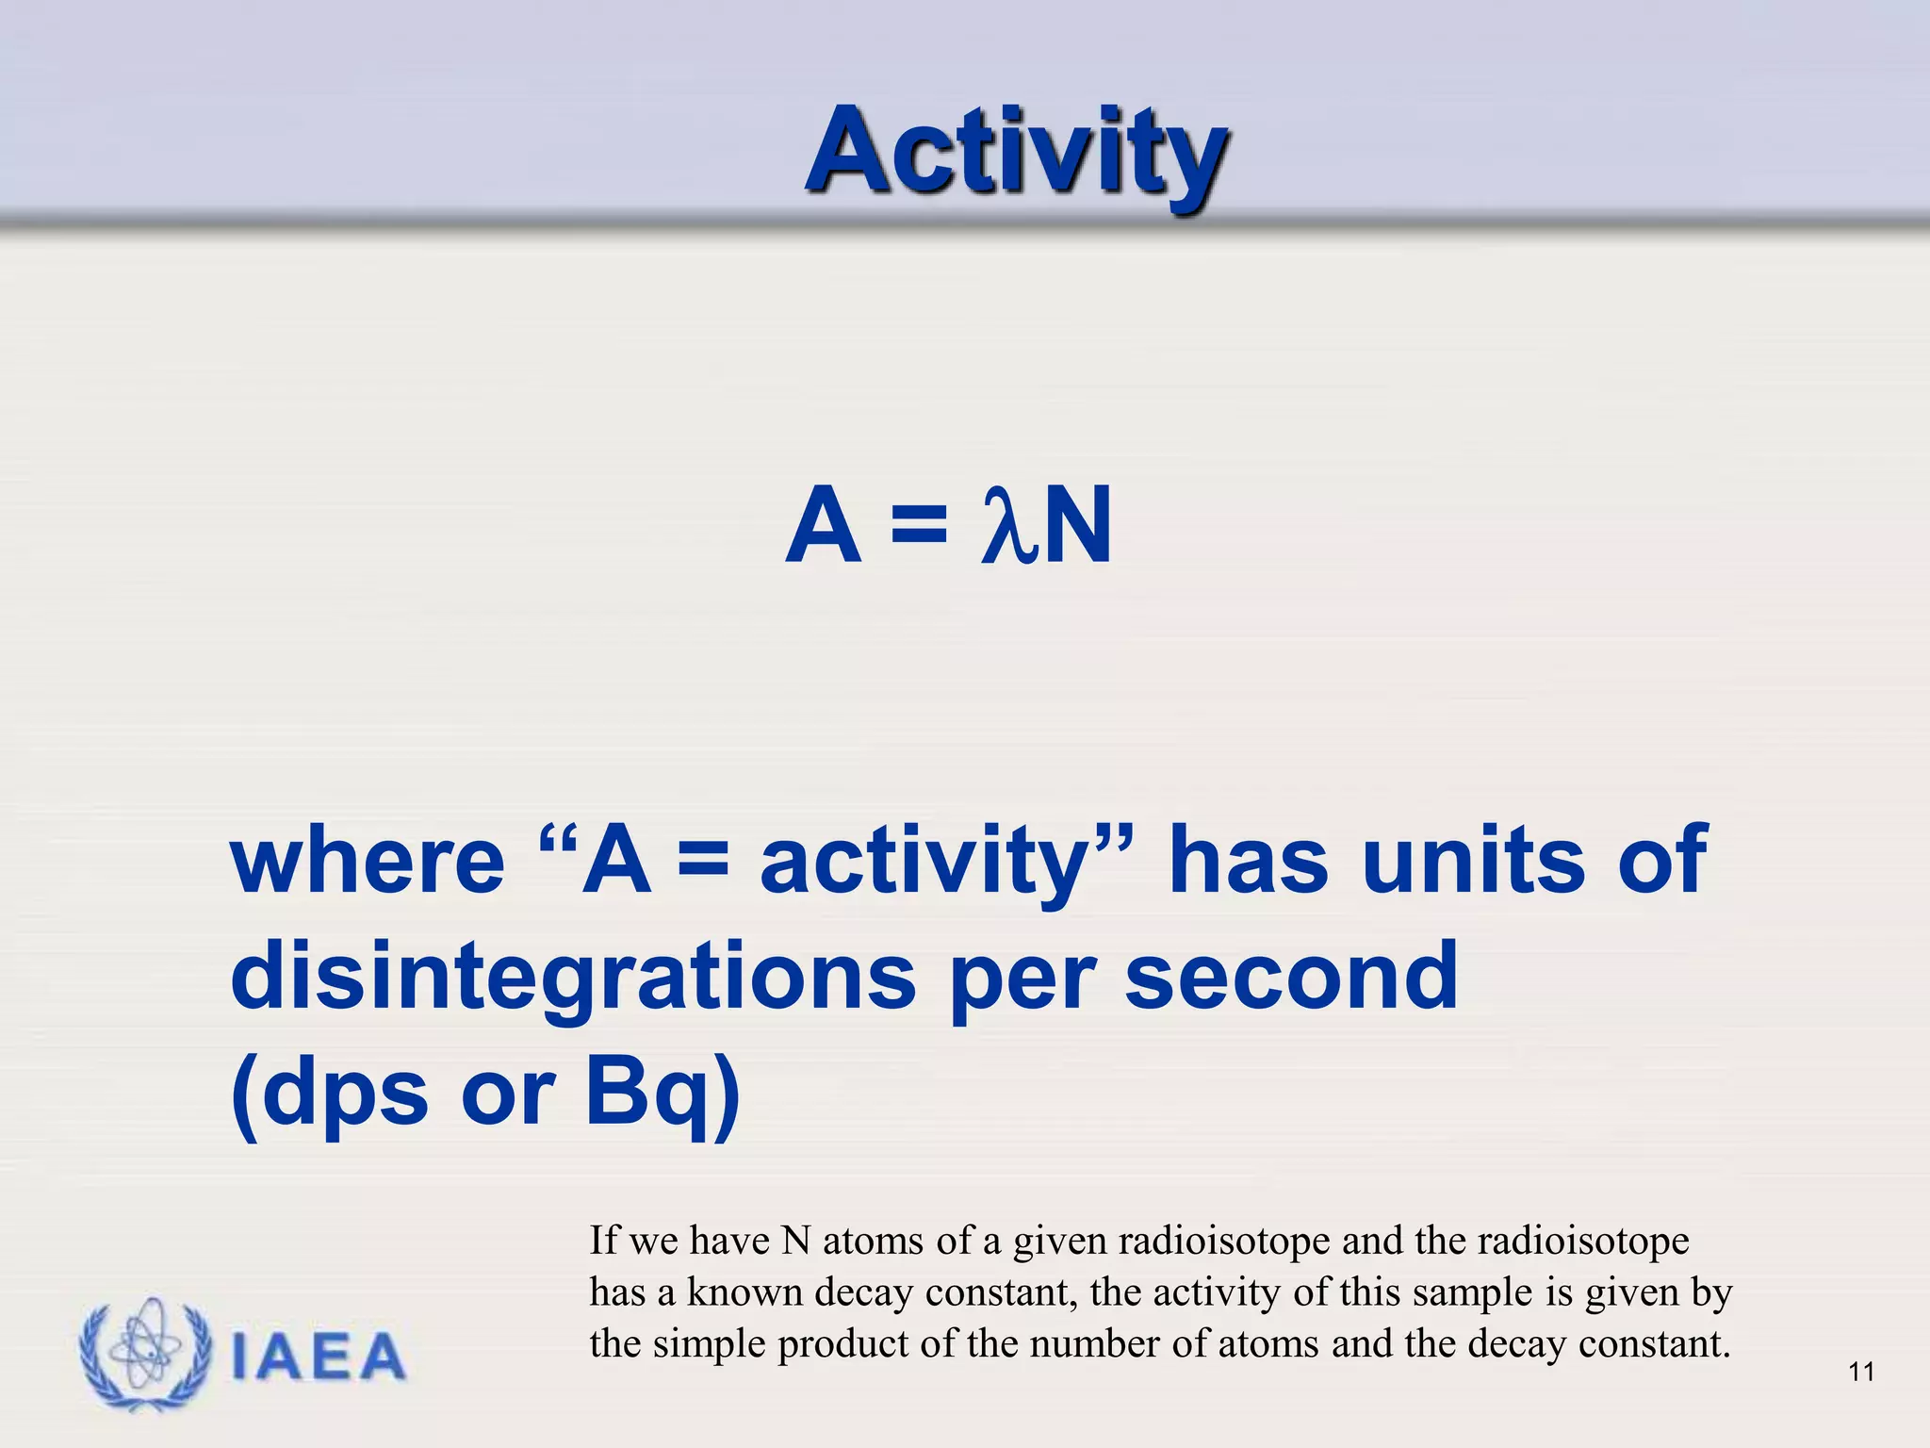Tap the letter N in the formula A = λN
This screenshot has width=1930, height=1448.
[x=1077, y=526]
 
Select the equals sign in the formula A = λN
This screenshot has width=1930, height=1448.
[x=918, y=526]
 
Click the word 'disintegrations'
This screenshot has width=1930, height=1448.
[x=573, y=977]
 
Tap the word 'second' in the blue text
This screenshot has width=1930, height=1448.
[x=1291, y=977]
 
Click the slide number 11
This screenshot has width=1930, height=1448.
[x=1861, y=1372]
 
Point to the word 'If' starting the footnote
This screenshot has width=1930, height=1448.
[x=603, y=1240]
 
